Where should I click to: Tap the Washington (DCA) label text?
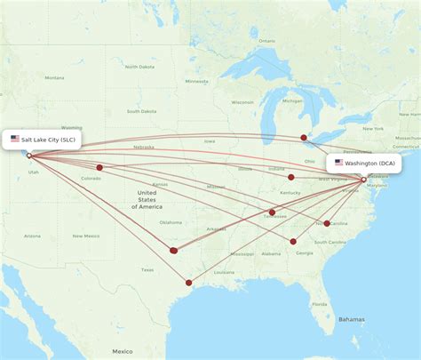[x=370, y=164]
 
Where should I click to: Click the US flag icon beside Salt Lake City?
[x=15, y=139]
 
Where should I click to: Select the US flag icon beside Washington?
[x=338, y=164]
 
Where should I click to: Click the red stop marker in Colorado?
[x=99, y=167]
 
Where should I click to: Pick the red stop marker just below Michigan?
[x=304, y=138]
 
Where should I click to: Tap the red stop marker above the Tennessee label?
[x=272, y=212]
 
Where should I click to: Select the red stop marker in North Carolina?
[x=327, y=223]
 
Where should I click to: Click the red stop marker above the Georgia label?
[x=293, y=241]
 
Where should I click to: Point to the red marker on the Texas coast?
[x=188, y=284]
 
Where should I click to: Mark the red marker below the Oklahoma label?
[x=173, y=251]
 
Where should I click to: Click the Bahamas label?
[x=351, y=319]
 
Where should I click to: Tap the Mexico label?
[x=123, y=351]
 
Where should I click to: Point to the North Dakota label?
[x=140, y=68]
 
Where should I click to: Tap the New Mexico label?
[x=85, y=236]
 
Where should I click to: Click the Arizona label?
[x=32, y=236]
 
